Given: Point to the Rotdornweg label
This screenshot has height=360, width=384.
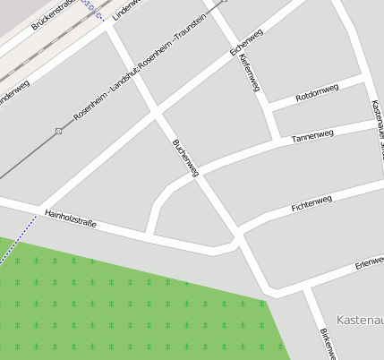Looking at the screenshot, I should (x=317, y=91).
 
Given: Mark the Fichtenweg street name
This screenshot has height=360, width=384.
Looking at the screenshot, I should (x=311, y=202).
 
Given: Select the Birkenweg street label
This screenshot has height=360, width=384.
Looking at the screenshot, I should (x=327, y=343).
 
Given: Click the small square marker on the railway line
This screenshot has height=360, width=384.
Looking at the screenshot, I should (x=58, y=132).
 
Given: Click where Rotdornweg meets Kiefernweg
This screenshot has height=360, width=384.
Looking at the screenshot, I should (x=268, y=108).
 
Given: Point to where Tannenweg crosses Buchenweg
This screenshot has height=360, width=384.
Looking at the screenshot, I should (x=194, y=176).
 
